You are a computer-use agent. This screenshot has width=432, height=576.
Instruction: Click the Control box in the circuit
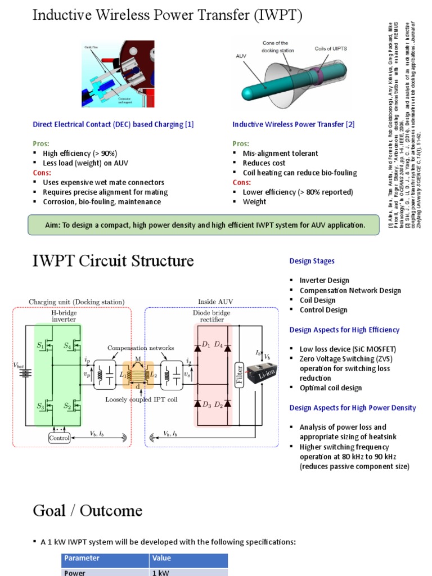60,438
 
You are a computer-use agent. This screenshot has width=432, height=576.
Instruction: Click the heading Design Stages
312,261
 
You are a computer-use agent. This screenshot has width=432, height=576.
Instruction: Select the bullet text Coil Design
317,300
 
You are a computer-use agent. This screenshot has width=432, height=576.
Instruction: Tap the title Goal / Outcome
87,511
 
